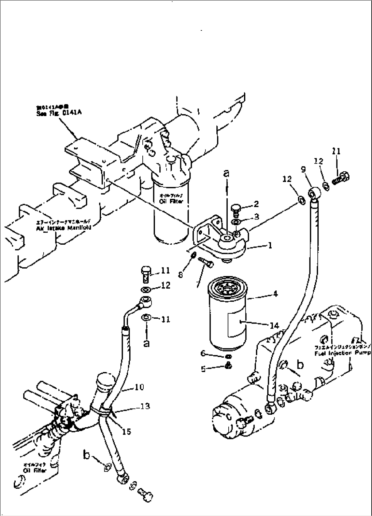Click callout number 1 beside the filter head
click(x=270, y=245)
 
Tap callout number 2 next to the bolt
click(x=256, y=204)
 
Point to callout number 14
click(x=274, y=326)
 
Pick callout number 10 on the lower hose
click(x=139, y=387)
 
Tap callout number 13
click(x=145, y=406)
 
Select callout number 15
click(x=126, y=432)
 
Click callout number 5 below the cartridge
click(x=204, y=369)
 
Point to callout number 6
click(x=204, y=353)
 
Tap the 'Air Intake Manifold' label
click(x=63, y=228)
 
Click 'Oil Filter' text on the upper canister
click(x=171, y=201)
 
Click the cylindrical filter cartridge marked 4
click(x=226, y=317)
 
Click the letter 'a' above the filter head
click(x=226, y=173)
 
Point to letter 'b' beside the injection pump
click(x=300, y=365)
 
